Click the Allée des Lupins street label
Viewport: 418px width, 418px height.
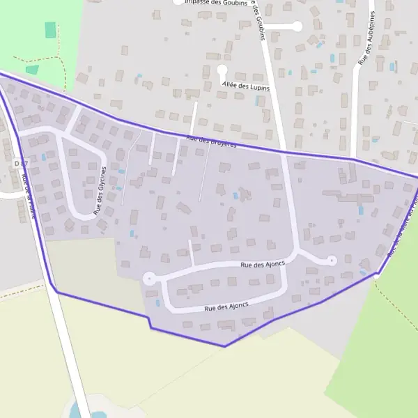245,86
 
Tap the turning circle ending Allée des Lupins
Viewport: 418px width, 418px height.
222,70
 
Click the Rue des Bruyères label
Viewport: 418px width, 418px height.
212,142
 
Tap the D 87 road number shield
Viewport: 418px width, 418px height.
21,163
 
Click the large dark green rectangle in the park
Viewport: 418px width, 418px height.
49,30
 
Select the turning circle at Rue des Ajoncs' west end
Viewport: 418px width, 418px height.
148,278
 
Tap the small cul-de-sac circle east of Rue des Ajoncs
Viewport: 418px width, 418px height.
332,261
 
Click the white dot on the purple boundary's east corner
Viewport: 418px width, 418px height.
377,276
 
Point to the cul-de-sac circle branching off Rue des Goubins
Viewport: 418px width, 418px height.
297,26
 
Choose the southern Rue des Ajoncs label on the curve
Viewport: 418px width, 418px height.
226,307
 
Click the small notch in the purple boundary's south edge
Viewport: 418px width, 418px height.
149,322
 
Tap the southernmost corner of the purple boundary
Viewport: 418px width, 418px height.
224,346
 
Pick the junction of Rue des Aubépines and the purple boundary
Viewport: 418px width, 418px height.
355,160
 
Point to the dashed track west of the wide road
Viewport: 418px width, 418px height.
21,292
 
